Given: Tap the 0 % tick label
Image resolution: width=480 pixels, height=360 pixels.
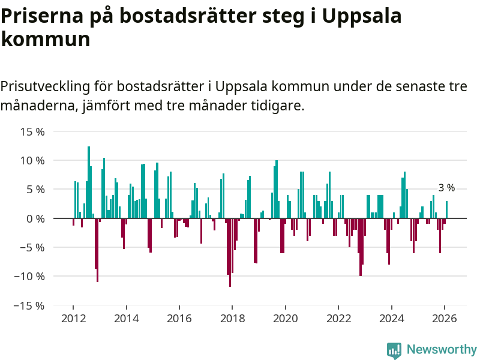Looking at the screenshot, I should pos(36,218).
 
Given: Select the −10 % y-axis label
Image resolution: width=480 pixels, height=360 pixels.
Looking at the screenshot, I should pos(30,276).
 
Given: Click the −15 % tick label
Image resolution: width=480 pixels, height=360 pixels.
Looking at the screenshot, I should pos(30,305).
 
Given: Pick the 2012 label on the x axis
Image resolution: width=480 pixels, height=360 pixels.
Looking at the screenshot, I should pos(73,318).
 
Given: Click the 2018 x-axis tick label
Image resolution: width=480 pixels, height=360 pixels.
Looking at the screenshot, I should pos(232,318).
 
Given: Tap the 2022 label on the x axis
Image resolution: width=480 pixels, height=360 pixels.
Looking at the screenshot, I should pos(338,318).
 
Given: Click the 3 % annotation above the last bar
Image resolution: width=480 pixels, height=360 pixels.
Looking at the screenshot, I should pos(446,188).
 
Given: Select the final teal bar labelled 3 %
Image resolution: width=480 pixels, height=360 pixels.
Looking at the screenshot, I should pos(446,210).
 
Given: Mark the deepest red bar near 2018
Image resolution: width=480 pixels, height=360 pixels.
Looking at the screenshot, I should pos(230,252).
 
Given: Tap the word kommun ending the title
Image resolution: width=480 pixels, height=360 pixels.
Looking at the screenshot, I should pos(45,40).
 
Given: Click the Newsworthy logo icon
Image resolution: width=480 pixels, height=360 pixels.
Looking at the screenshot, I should pos(394,350).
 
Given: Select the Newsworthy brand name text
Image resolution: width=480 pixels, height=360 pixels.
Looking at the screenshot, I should pos(442,349).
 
